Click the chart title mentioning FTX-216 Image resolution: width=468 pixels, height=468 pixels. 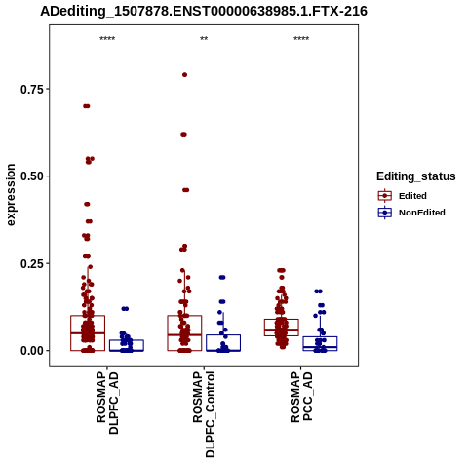(x=204, y=11)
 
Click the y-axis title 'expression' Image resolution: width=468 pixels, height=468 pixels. (x=11, y=195)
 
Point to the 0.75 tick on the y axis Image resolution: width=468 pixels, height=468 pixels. (x=32, y=89)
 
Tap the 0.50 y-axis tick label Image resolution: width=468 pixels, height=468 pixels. (x=32, y=176)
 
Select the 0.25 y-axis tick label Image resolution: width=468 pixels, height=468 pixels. (x=32, y=263)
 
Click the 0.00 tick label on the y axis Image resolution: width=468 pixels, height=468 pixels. (x=32, y=351)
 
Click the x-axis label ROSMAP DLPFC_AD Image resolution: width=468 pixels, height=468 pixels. (x=107, y=404)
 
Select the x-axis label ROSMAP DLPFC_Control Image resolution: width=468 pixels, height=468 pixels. (x=204, y=414)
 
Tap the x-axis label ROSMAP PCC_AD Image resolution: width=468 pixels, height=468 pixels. (x=301, y=397)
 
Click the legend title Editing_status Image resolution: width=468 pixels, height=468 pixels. (x=416, y=176)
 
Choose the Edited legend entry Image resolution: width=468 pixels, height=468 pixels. (x=403, y=196)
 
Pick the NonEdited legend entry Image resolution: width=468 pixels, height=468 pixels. (x=411, y=213)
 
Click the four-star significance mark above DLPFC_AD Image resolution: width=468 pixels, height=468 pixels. (x=107, y=39)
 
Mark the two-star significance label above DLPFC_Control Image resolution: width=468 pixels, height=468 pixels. (x=204, y=39)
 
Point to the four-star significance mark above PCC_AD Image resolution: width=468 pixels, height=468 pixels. (x=301, y=39)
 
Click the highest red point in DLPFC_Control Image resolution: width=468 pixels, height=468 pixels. (x=184, y=75)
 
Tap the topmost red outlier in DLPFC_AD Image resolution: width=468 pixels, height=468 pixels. (x=87, y=106)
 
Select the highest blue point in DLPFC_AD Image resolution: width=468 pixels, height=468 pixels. (x=125, y=309)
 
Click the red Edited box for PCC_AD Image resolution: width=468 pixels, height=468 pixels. (x=282, y=328)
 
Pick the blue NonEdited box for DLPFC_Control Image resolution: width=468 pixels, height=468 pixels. (x=223, y=343)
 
